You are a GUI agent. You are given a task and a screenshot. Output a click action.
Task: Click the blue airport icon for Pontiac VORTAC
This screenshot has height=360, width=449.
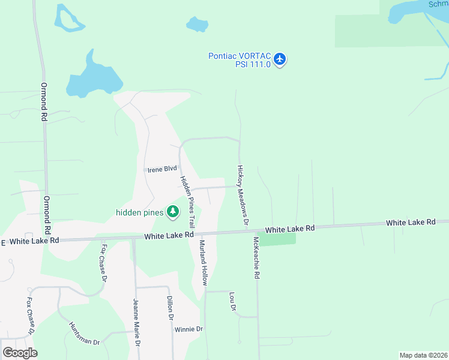pos(280,59)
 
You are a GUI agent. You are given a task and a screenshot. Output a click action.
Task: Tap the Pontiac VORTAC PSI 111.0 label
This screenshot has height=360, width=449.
pos(240,60)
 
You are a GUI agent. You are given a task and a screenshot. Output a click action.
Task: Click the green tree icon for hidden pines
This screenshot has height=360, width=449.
pos(173,211)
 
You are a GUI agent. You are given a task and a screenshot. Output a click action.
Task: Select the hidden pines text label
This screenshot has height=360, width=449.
pos(139,212)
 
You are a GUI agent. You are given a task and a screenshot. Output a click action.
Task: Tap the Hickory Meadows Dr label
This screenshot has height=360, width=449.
pos(243,196)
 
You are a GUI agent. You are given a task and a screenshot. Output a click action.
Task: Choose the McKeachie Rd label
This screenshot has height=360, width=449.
pos(256,257)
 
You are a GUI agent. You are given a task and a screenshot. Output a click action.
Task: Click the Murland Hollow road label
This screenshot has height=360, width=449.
pos(203,262)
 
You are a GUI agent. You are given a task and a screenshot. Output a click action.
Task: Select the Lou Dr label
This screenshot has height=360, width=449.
pos(232,301)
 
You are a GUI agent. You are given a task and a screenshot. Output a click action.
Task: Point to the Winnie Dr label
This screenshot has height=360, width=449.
pos(188,329)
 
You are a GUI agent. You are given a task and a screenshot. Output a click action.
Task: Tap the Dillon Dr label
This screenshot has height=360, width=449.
pos(170,308)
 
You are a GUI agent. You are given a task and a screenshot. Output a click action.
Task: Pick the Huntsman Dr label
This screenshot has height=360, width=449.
pos(84,332)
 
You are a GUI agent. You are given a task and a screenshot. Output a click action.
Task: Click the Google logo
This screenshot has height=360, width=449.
pos(20,353)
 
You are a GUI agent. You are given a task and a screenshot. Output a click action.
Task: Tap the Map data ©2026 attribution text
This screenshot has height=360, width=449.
pos(423,355)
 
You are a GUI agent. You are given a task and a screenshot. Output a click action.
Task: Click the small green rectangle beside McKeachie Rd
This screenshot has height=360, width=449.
pos(277,239)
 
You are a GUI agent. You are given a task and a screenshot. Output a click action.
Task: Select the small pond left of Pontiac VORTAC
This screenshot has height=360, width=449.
pos(196,25)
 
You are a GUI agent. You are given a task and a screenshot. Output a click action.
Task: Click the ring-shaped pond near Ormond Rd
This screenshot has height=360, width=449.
pos(69,19)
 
